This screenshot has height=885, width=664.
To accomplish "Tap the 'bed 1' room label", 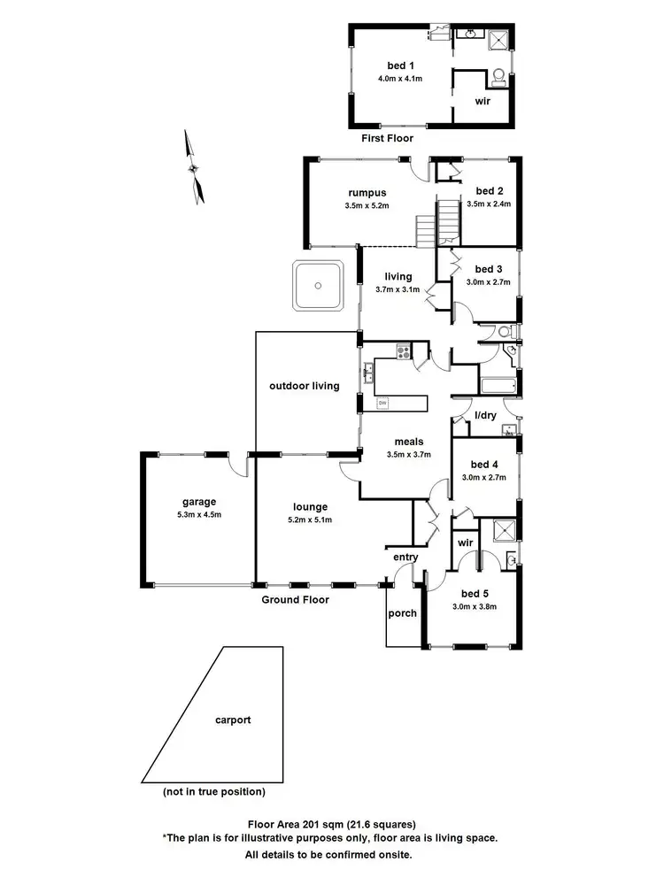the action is (400, 65).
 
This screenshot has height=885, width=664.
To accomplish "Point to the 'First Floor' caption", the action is (387, 138).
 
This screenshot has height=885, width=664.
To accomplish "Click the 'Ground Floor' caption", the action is (295, 599).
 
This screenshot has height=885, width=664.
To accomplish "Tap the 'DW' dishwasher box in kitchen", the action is (383, 404).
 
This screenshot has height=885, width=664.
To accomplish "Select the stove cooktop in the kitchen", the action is (403, 352).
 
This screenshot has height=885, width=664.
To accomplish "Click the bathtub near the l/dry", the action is (498, 387).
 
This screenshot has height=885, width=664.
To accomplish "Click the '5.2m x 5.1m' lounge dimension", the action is (312, 519).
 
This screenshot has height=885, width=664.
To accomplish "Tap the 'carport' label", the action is (233, 720).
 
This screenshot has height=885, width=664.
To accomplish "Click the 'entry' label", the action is (405, 557).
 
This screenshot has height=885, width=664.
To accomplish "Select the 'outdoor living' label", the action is (305, 386).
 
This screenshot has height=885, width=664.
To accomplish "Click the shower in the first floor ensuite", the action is (498, 39).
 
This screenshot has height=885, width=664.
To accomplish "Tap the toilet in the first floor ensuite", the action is (498, 77).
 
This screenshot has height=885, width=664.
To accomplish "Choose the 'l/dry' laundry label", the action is (485, 415).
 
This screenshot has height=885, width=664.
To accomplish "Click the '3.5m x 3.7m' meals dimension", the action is (408, 455).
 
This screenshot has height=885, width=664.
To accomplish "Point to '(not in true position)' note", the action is (213, 791).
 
